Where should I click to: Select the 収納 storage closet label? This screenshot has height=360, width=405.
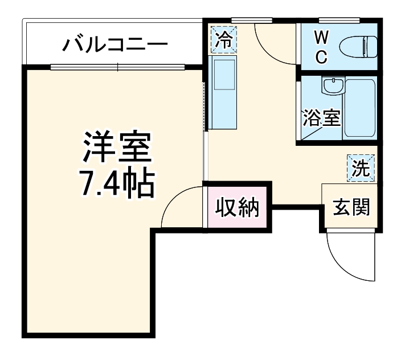point(237,208)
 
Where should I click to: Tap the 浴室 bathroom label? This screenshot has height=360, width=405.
point(321,118)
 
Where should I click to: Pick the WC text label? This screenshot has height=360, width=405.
point(321,47)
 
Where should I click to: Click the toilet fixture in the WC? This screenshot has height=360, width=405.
point(358,46)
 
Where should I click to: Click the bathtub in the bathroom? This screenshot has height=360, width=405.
point(361,108)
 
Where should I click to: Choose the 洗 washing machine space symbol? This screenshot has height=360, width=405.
point(360,167)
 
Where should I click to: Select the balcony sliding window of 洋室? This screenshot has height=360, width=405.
point(118,67)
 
